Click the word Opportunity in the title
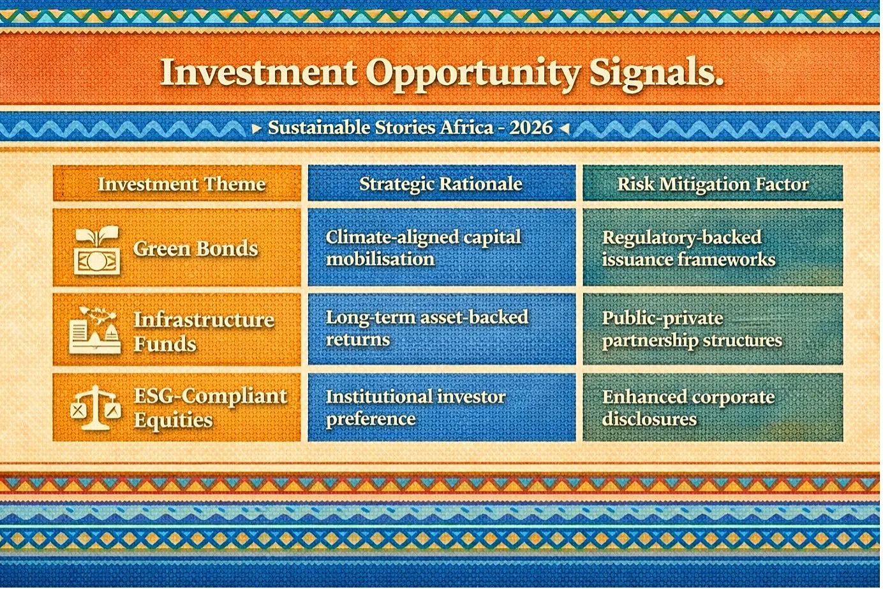[472, 74]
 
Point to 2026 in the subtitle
[531, 128]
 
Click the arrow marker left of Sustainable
[256, 128]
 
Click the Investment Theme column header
[177, 183]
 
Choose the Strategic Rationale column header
[441, 183]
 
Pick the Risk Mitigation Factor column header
[713, 183]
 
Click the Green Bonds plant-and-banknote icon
[97, 250]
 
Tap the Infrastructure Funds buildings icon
[95, 331]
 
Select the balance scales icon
[96, 408]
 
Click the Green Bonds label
[195, 249]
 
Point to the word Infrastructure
[204, 320]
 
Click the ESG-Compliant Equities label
[211, 408]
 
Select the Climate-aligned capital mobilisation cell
[441, 247]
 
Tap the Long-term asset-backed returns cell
[441, 328]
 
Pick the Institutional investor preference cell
[441, 407]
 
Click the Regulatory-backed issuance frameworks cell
[713, 247]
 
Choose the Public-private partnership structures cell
[713, 328]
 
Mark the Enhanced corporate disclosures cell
[713, 407]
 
